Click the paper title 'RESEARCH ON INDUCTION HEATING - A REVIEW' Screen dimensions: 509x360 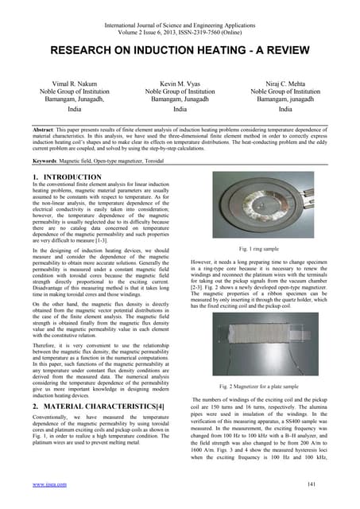180,50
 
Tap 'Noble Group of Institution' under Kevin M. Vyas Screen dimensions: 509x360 180,93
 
